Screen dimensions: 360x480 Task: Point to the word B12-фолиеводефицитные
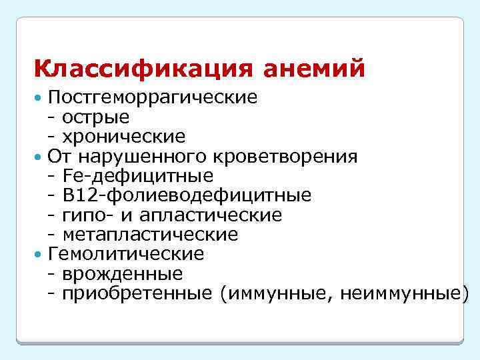(x=187, y=195)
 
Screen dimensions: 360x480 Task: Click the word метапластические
(x=150, y=235)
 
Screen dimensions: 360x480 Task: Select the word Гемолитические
(x=126, y=254)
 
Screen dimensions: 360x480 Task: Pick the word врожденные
(x=123, y=274)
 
